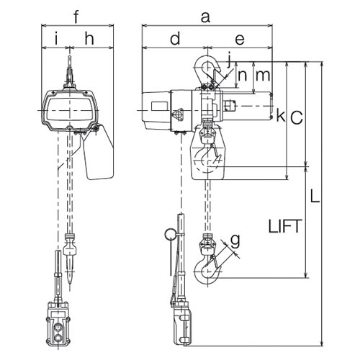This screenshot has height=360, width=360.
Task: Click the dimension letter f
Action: [76, 17]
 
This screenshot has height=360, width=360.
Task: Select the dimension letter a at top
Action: [205, 18]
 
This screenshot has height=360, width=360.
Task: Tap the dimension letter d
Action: [175, 38]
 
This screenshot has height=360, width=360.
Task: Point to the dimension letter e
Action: [240, 40]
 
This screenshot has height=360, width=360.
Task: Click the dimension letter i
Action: [56, 39]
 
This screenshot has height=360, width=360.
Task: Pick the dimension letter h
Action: [89, 39]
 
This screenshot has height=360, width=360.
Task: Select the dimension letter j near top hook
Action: [229, 59]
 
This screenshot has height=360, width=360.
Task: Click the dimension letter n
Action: [242, 76]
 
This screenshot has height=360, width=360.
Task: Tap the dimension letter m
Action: [263, 76]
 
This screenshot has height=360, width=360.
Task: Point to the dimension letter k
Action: [280, 115]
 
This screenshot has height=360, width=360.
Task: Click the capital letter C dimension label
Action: [297, 118]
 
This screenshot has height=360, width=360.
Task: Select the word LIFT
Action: [284, 226]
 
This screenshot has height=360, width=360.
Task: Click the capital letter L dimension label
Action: [315, 196]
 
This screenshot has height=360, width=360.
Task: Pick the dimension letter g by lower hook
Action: [235, 240]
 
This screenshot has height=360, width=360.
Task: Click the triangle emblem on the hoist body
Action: [178, 114]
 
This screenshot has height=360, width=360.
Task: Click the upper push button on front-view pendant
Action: [58, 327]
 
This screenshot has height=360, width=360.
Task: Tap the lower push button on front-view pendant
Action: [58, 338]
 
